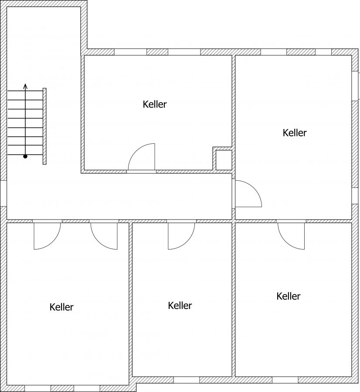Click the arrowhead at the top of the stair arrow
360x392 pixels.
pyautogui.click(x=25, y=86)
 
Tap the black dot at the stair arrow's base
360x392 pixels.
pyautogui.click(x=25, y=156)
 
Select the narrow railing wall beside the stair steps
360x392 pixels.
pyautogui.click(x=44, y=126)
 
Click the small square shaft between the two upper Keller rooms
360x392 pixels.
pyautogui.click(x=224, y=160)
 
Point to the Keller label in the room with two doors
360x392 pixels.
pyautogui.click(x=61, y=307)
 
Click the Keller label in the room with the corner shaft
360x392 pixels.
pyautogui.click(x=155, y=104)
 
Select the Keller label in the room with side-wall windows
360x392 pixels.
pyautogui.click(x=295, y=133)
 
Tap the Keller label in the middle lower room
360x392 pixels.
pyautogui.click(x=180, y=305)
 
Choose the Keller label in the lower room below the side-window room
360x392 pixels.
pyautogui.click(x=288, y=296)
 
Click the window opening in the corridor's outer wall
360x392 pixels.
pyautogui.click(x=3, y=193)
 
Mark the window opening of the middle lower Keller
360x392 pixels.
pyautogui.click(x=187, y=380)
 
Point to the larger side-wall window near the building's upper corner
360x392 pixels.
pyautogui.click(x=355, y=86)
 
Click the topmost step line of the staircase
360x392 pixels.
pyautogui.click(x=25, y=91)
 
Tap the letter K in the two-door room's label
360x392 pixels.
pyautogui.click(x=52, y=307)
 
